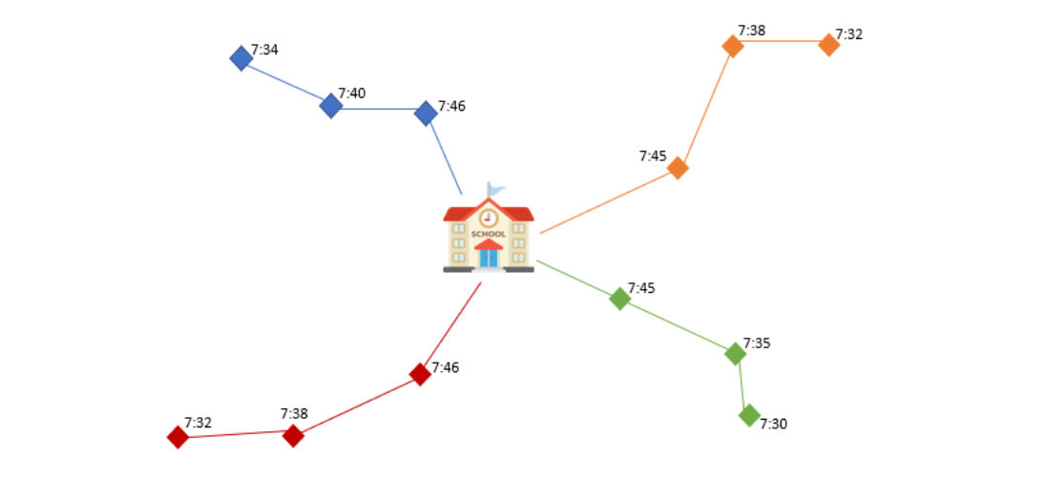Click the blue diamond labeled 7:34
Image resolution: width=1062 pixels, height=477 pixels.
coord(241,58)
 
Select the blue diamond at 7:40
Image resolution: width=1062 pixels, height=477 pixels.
coord(331,105)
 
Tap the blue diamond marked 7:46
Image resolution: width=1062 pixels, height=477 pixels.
coord(426,114)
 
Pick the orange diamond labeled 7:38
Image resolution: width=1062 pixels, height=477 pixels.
coord(733,46)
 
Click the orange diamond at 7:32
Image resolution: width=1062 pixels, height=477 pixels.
coord(829,45)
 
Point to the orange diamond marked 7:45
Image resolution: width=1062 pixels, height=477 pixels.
coord(677,169)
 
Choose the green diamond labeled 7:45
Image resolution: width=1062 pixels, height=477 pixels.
coord(620,299)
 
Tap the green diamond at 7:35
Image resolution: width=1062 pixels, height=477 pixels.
coord(735,354)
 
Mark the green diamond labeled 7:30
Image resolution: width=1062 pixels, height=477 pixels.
coord(749,415)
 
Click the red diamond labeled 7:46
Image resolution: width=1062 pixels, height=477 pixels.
coord(420,374)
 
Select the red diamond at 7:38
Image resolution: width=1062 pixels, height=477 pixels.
coord(293,436)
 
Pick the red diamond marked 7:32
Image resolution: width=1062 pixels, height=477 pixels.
coord(177,437)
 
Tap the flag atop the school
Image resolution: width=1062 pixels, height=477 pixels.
coord(495,189)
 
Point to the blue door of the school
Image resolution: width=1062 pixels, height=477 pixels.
coord(489,257)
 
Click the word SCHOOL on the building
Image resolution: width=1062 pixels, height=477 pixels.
coord(489,234)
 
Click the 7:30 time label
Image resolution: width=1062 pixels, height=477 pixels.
coord(774,424)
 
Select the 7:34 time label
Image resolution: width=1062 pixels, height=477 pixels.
coord(265,50)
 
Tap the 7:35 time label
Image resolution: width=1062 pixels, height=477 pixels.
coord(757,343)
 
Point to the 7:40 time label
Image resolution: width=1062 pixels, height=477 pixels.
coord(352,93)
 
